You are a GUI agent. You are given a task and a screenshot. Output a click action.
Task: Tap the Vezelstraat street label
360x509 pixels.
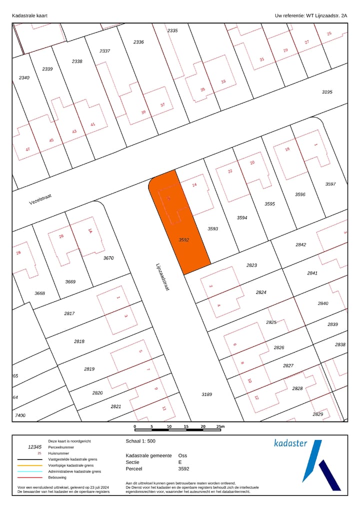coord(40,199)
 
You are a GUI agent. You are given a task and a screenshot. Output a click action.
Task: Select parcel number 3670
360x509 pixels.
coord(108,258)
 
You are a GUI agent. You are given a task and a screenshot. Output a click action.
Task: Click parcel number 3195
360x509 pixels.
coord(327,92)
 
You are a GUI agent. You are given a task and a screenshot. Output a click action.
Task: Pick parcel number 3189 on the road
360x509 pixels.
coord(207,394)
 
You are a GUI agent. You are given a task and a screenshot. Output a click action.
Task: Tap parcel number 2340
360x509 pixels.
coord(24,77)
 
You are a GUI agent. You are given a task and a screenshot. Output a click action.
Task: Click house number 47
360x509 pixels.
coord(28,149)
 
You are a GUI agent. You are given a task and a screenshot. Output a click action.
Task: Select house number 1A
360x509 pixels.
coord(90,231)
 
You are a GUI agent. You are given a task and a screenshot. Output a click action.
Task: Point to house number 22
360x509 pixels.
coord(230,171)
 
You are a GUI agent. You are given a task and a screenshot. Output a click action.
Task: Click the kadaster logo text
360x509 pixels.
coord(290,443)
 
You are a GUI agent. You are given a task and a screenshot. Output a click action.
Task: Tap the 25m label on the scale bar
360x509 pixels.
coord(220,426)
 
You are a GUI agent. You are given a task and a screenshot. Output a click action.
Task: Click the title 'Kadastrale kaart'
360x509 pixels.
coord(29,16)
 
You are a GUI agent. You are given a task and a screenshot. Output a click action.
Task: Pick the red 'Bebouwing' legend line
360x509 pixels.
coord(29,477)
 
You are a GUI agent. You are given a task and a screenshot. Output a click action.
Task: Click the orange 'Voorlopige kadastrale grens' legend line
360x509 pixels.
coord(29,465)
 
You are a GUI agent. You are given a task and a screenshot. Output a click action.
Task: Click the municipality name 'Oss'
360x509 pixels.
coord(182,455)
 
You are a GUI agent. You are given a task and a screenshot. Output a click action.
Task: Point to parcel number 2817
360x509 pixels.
coord(69,313)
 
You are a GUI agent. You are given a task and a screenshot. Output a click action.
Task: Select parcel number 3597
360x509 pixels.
coord(330,184)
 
